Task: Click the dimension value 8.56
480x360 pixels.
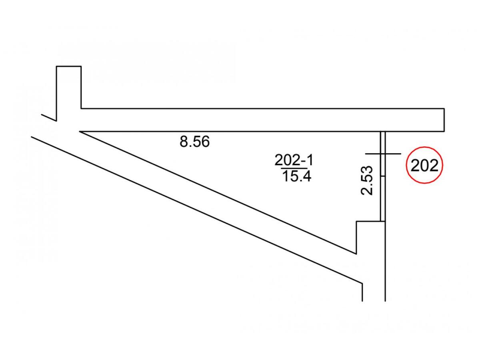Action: (x=194, y=142)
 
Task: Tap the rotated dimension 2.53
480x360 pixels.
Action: (x=366, y=180)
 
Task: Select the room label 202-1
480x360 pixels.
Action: (x=294, y=160)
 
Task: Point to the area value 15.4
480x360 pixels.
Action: (x=296, y=176)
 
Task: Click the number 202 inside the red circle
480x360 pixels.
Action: (x=424, y=166)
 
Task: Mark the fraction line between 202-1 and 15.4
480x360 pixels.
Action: (x=294, y=168)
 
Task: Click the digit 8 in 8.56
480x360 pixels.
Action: (x=184, y=142)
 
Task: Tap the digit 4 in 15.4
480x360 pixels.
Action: (x=306, y=176)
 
